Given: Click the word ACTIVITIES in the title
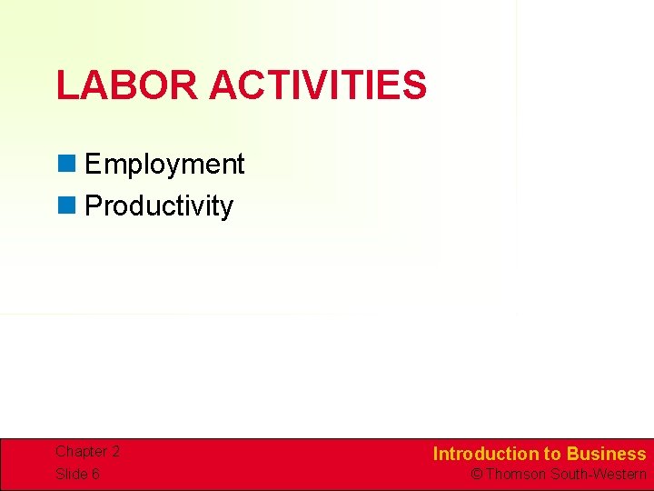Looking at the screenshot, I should click(x=317, y=85).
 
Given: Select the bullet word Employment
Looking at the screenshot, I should click(x=164, y=165).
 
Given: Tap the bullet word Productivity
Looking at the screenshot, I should click(x=159, y=206).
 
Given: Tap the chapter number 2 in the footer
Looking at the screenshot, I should click(x=115, y=452).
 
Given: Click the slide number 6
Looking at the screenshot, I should click(x=95, y=474).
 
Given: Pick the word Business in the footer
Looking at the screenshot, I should click(x=607, y=454).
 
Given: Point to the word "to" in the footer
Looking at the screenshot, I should click(x=552, y=454).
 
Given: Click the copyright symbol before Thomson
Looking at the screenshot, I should click(x=476, y=474).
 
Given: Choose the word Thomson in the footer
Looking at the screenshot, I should click(x=516, y=474).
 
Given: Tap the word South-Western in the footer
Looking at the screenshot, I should click(x=599, y=474).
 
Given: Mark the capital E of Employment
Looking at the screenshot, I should click(x=92, y=165).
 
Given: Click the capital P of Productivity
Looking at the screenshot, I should click(x=92, y=206).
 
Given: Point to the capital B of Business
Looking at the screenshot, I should click(x=573, y=454).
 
